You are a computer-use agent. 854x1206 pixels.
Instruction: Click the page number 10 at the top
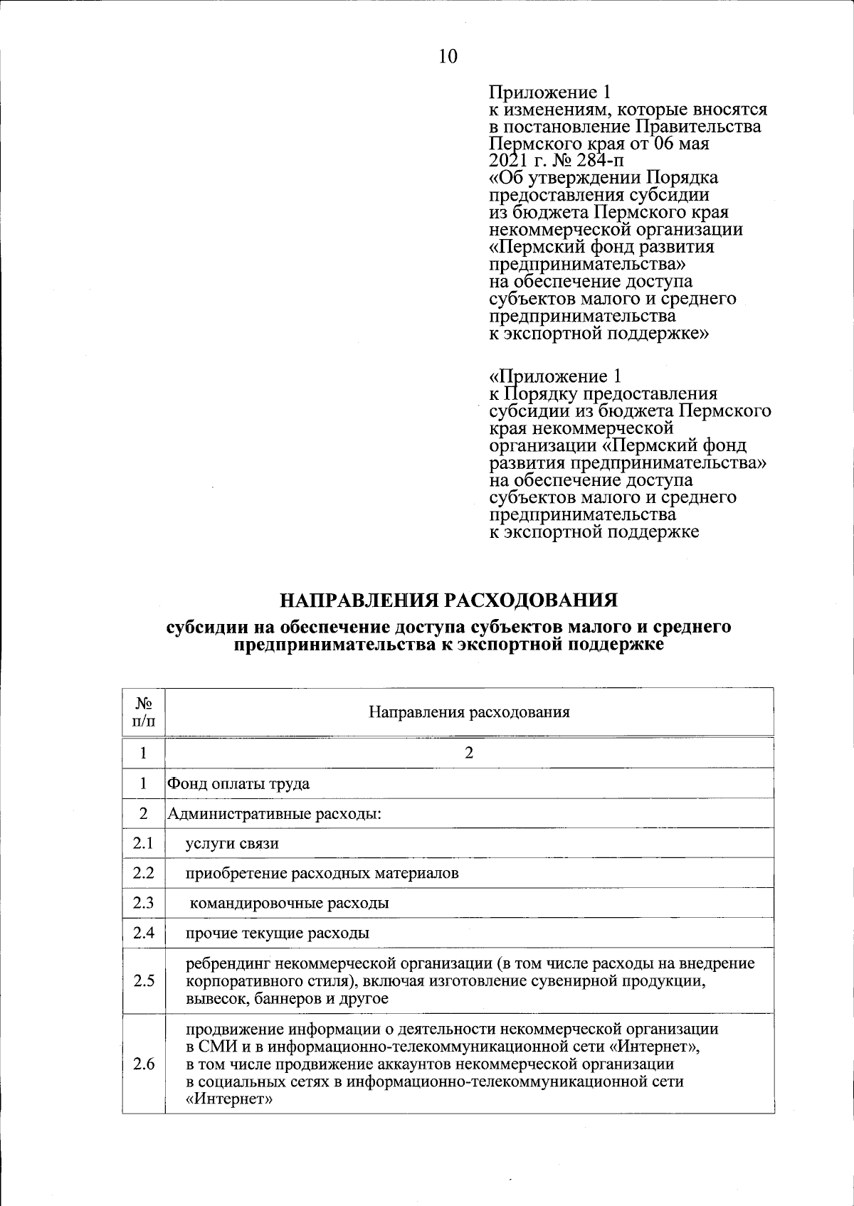[x=448, y=57]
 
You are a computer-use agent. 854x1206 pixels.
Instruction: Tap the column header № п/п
[x=143, y=712]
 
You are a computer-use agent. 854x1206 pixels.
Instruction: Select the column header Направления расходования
[x=469, y=712]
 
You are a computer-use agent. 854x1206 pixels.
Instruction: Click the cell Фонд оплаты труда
[x=238, y=784]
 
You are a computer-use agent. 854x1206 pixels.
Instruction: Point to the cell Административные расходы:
[x=275, y=813]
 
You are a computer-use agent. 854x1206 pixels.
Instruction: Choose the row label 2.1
[x=143, y=843]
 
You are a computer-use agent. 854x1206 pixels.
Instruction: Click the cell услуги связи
[x=232, y=844]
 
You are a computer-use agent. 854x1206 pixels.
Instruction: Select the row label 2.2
[x=143, y=873]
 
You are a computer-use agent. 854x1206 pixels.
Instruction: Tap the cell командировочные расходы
[x=289, y=904]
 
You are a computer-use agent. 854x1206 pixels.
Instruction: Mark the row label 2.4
[x=143, y=933]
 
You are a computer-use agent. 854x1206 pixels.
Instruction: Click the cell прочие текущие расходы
[x=278, y=933]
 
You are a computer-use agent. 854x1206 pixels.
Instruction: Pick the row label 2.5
[x=143, y=981]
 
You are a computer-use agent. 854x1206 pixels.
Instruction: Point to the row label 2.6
[x=143, y=1064]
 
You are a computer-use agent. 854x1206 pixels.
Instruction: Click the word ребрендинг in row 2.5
[x=227, y=964]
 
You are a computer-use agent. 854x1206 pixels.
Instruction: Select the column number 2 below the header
[x=469, y=753]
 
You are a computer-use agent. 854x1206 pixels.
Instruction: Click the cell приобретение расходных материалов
[x=322, y=874]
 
